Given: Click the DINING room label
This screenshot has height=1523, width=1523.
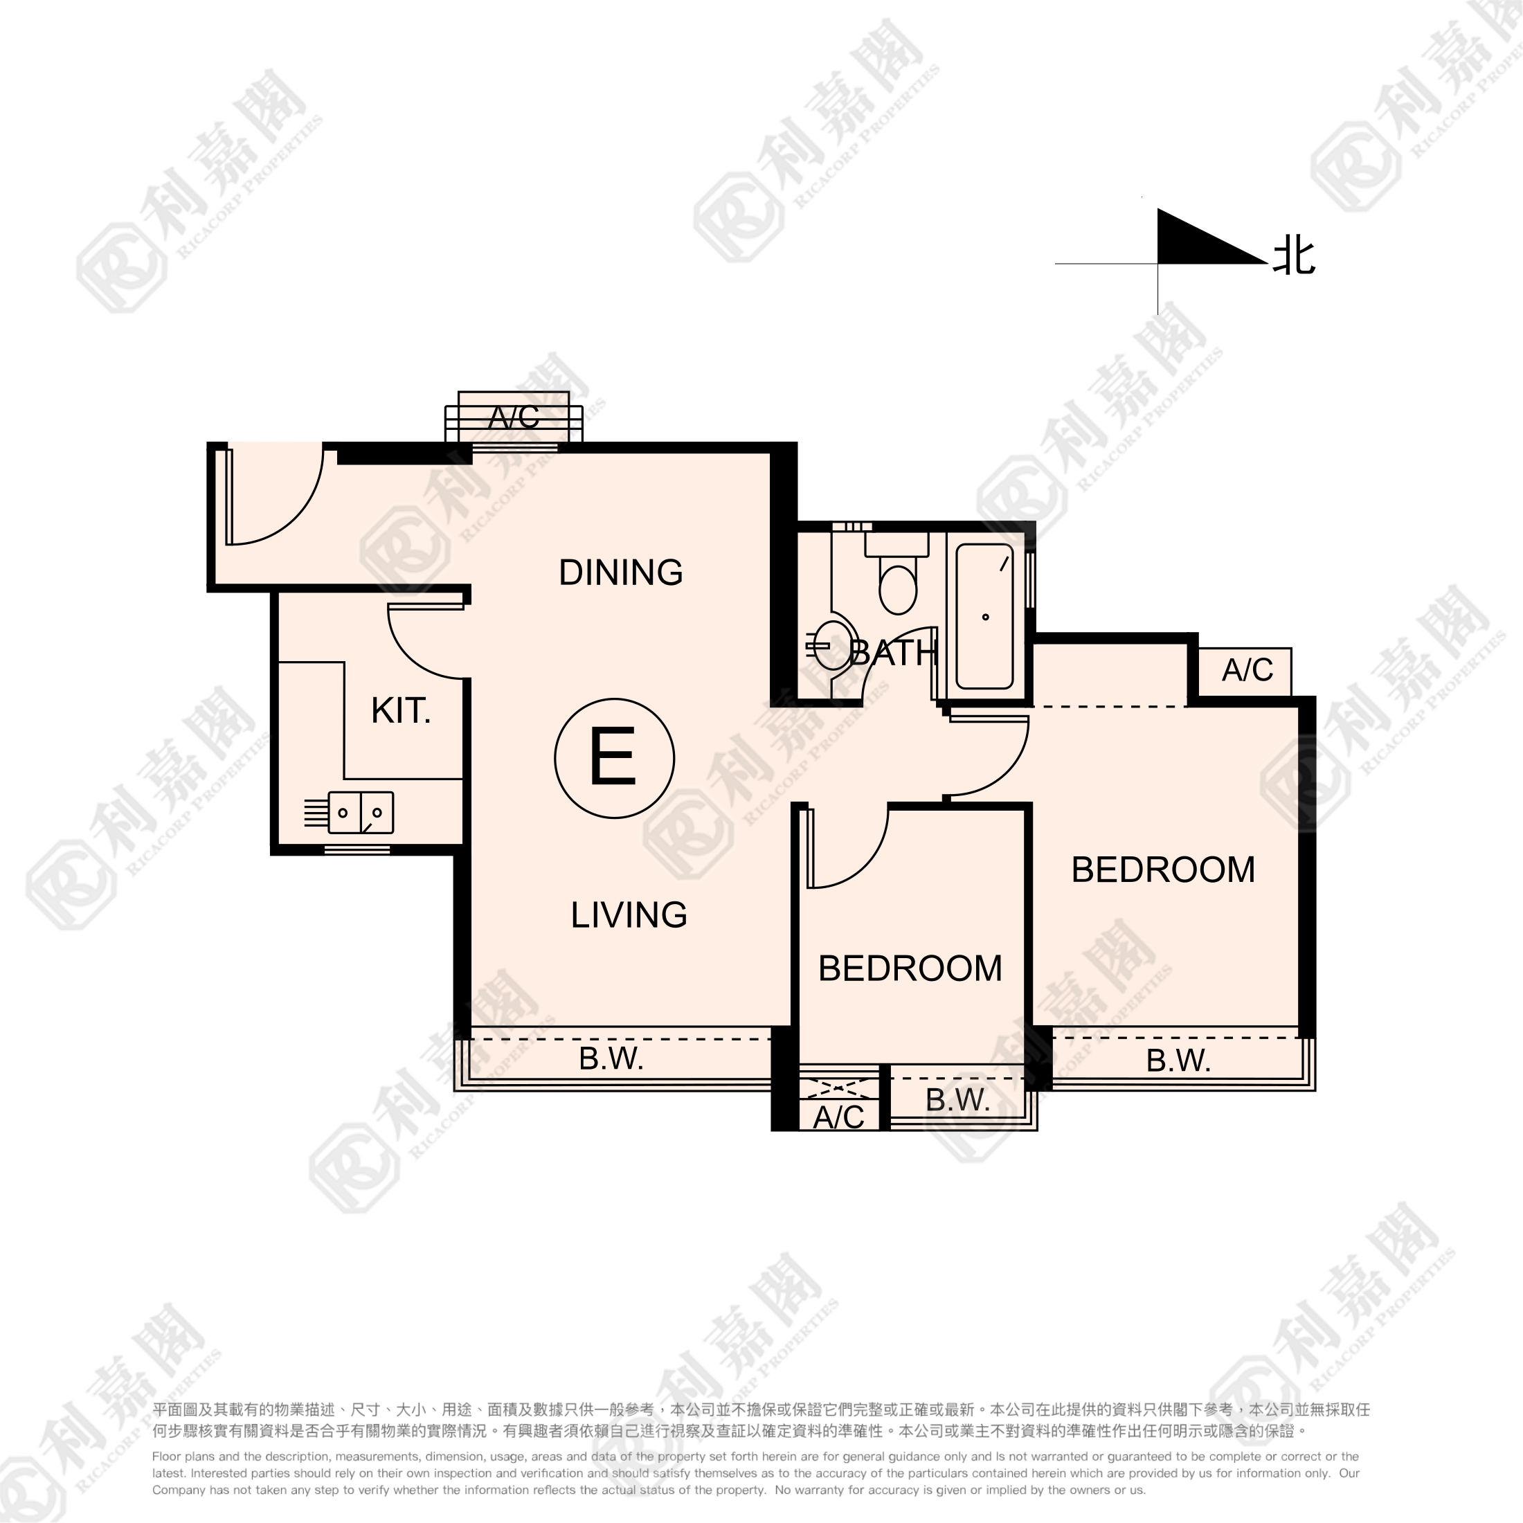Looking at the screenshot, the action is point(620,573).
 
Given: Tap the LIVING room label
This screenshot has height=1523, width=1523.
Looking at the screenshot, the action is point(629,914).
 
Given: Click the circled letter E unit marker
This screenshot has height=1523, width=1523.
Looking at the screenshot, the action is point(614,758).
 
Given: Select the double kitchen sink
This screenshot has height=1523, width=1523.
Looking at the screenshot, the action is point(360,813).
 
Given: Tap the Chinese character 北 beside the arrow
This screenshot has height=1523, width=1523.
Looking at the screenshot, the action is point(1295,257).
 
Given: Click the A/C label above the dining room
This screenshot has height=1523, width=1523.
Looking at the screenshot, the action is point(513,417).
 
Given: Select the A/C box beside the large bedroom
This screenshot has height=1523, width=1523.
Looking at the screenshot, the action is point(1245,671).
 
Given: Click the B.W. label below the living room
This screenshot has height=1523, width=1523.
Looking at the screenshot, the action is point(611,1058).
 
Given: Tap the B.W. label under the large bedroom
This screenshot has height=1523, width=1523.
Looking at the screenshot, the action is point(1178,1061).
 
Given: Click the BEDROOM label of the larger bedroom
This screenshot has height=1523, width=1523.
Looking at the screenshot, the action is point(1163,869).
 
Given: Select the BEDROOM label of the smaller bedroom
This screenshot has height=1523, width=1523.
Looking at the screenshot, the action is point(910,968).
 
